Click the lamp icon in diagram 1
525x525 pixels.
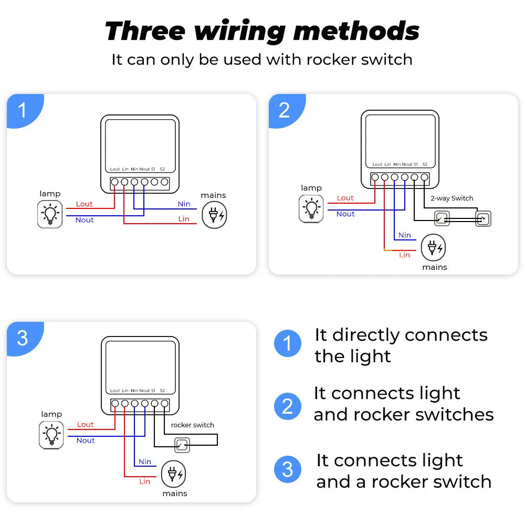coord(50,214)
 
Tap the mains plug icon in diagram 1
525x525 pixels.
coord(215,215)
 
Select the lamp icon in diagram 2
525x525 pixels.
coord(311,208)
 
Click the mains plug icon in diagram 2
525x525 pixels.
coord(434,248)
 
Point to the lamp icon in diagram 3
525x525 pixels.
coord(51,435)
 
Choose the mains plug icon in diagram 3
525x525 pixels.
coord(173,475)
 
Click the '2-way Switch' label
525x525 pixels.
coord(451,198)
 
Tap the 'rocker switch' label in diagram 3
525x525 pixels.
coord(192,425)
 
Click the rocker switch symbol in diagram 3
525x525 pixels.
coord(182,446)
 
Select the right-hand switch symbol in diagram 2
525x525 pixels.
coord(483,219)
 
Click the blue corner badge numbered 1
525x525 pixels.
coord(22,110)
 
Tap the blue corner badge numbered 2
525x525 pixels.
coord(284,110)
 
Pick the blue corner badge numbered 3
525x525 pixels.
coord(22,338)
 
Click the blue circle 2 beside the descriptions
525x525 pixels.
coord(288,406)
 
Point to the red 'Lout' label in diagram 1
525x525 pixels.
coord(84,204)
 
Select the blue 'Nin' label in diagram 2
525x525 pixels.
coord(405,235)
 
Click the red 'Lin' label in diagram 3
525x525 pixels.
coord(145,481)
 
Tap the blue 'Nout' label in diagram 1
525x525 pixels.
coord(85,220)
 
